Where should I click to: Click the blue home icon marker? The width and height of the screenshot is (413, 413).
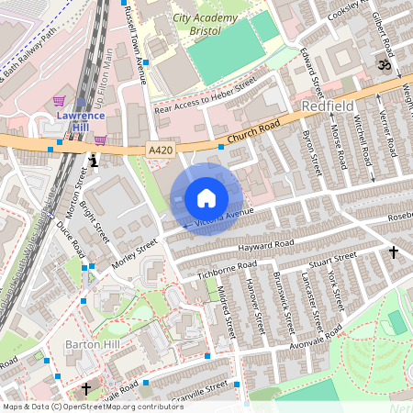(206, 197)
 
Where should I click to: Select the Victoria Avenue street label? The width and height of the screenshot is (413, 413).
(220, 218)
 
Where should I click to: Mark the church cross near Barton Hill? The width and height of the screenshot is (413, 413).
(86, 389)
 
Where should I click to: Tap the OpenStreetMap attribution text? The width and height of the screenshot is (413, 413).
(92, 407)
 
